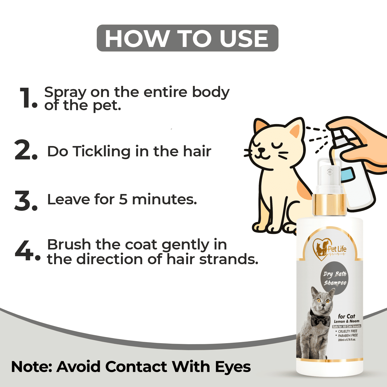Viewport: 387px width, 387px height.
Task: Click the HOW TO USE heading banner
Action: tap(188, 38)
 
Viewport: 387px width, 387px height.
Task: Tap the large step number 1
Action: tap(28, 98)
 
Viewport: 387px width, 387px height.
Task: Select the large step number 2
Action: tap(26, 150)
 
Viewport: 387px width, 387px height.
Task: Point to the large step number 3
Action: tap(26, 200)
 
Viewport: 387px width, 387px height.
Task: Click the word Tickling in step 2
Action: tap(101, 151)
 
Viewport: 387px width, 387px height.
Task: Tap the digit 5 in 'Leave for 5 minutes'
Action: tap(123, 199)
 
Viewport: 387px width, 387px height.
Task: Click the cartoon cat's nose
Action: tap(262, 150)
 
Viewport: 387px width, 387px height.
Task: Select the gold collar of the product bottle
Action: tap(329, 205)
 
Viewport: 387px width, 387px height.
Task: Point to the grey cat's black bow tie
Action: tap(320, 319)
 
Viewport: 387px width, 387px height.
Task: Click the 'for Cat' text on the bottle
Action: tap(346, 316)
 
